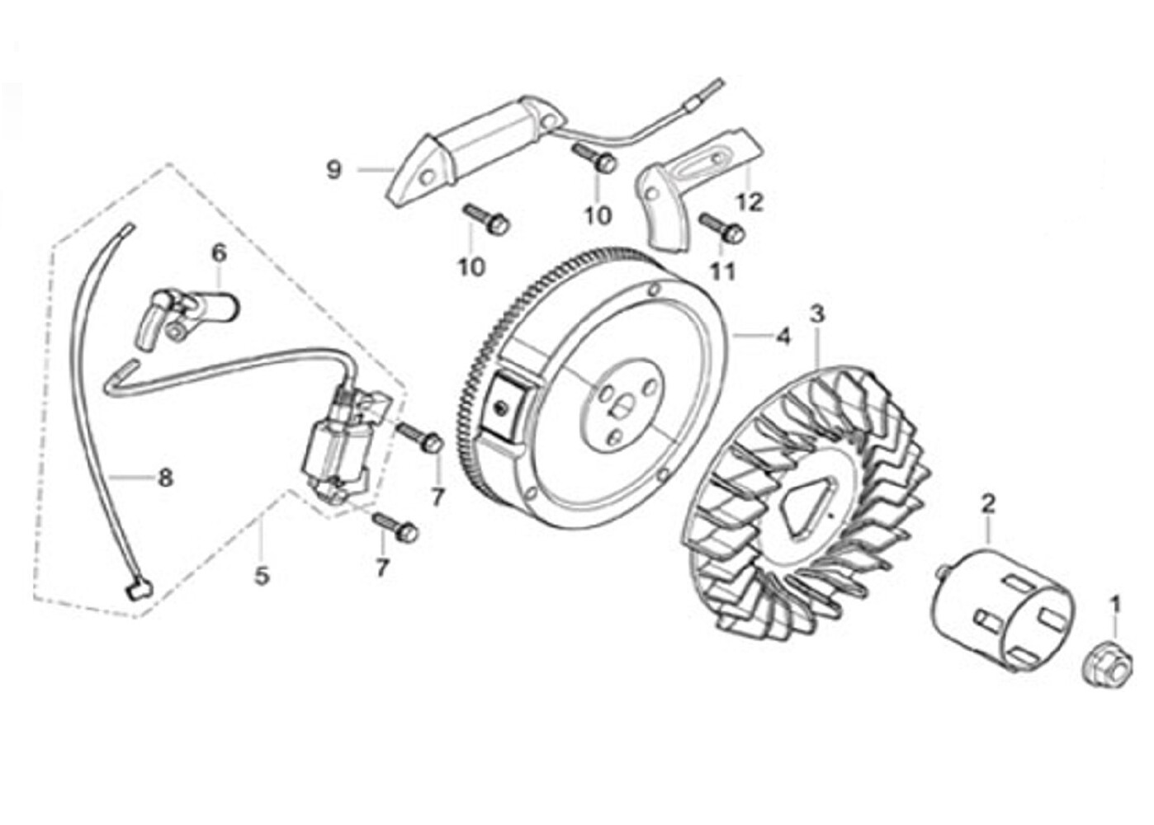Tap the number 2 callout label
(x=988, y=502)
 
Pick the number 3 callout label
(x=816, y=314)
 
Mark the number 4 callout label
(x=783, y=337)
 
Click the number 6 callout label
(x=219, y=253)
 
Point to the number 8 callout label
(x=165, y=477)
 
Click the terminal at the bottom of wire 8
(x=136, y=589)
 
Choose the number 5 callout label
(x=262, y=575)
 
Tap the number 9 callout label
(x=333, y=171)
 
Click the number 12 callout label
(x=750, y=200)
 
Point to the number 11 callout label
(x=722, y=271)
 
